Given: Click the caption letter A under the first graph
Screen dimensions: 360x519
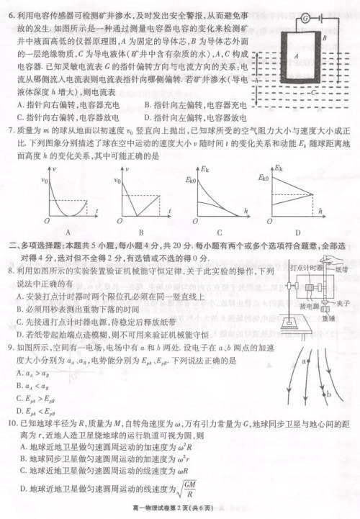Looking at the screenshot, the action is (67, 233).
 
